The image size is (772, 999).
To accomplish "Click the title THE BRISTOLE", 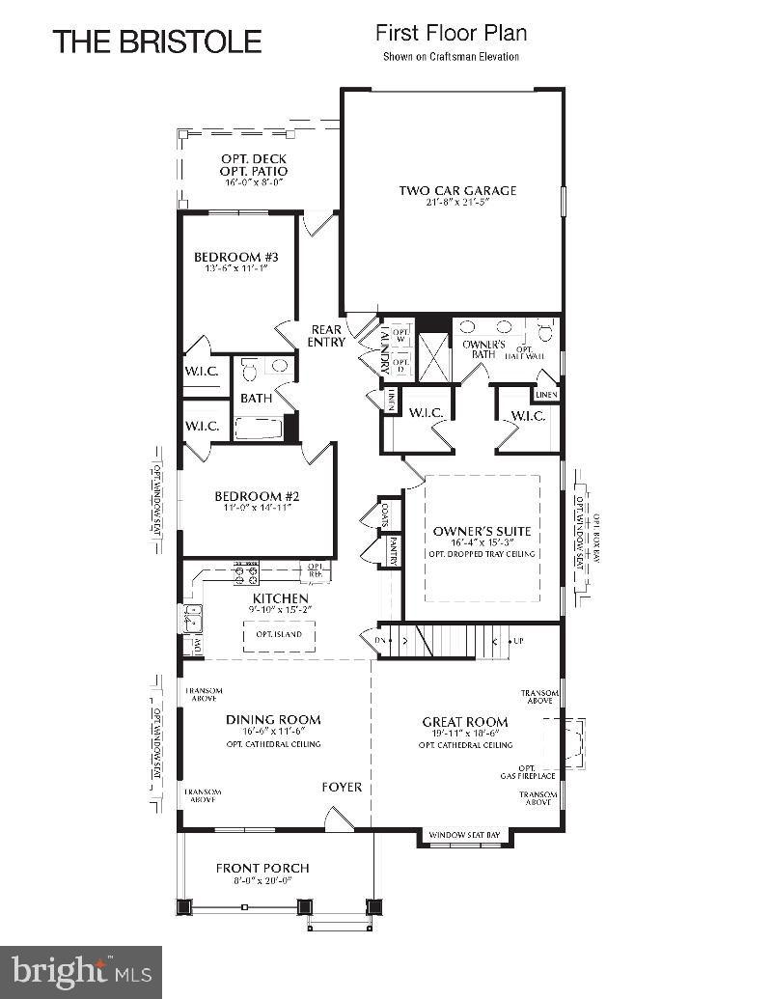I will (x=157, y=42).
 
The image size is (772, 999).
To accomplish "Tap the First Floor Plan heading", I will (x=451, y=34).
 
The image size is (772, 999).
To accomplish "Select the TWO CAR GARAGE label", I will (x=457, y=190).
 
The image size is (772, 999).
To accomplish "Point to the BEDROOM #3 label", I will (x=235, y=257).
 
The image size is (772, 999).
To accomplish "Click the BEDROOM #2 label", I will (x=257, y=496).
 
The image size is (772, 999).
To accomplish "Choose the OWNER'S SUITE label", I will (x=482, y=532).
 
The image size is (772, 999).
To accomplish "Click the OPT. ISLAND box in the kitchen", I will (x=278, y=635).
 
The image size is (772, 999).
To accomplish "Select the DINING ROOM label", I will (x=273, y=719).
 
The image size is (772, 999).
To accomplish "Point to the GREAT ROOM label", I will (x=465, y=721).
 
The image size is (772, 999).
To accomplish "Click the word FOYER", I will (x=342, y=787).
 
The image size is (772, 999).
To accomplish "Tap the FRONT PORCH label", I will (x=262, y=868).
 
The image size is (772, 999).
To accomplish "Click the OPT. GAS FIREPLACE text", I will (x=527, y=771).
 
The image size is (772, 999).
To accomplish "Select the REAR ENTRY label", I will (x=325, y=335).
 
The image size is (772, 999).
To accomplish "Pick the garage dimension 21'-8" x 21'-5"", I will (x=457, y=203).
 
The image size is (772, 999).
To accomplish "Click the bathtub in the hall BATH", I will (x=258, y=427).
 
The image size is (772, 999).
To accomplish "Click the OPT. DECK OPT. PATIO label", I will (x=254, y=164).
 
